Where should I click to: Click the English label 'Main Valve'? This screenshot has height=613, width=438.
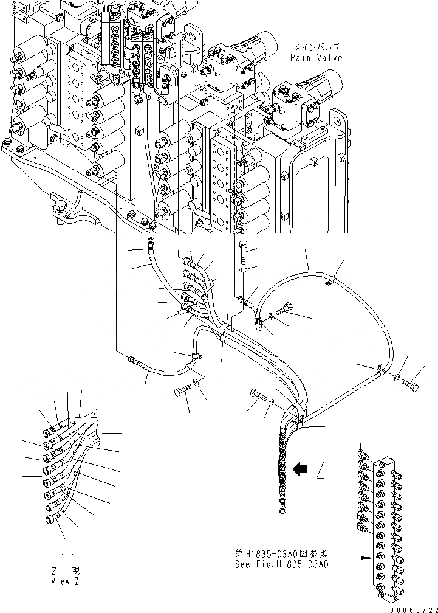[x=316, y=58]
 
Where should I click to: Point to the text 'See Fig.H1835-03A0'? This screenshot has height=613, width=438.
[x=281, y=564]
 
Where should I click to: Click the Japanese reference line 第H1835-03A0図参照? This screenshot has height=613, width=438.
[x=281, y=554]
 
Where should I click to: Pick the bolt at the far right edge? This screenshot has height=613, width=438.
[x=413, y=383]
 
